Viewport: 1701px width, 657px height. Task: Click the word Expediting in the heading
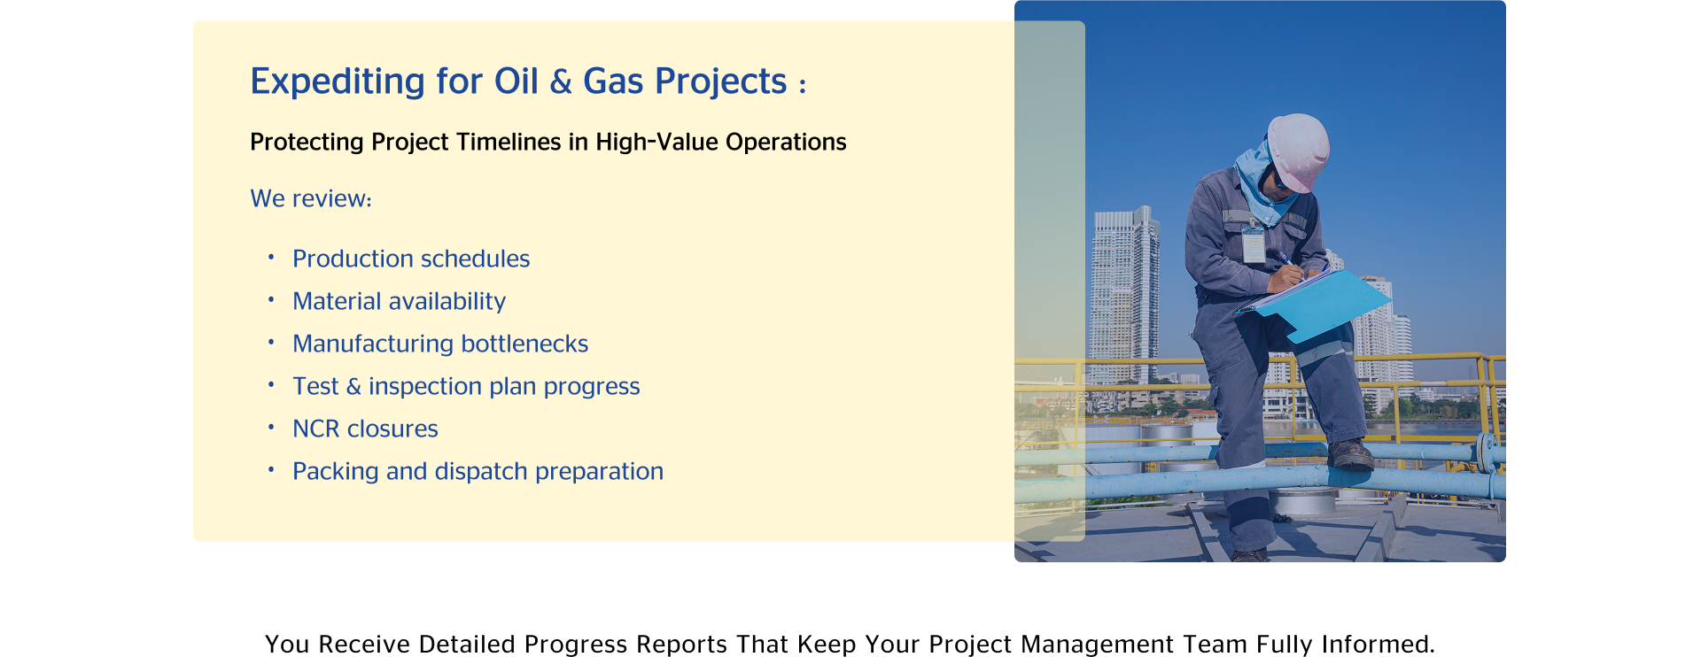[x=338, y=81]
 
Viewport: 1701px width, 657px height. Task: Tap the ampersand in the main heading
[x=561, y=81]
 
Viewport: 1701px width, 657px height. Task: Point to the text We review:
[x=311, y=198]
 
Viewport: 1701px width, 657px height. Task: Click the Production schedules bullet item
[x=411, y=259]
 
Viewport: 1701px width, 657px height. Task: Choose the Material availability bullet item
[x=399, y=301]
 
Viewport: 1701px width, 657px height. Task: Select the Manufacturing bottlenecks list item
[x=440, y=344]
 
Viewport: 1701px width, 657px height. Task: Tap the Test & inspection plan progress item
[x=466, y=387]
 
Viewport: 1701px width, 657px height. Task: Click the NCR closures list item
[x=365, y=429]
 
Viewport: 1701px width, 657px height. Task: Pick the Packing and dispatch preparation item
[x=478, y=472]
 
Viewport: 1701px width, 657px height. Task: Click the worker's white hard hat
[x=1298, y=151]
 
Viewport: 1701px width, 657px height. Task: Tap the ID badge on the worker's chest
[x=1253, y=243]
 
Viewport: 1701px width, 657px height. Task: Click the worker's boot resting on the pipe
[x=1351, y=455]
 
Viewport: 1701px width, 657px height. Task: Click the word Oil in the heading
[x=516, y=81]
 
